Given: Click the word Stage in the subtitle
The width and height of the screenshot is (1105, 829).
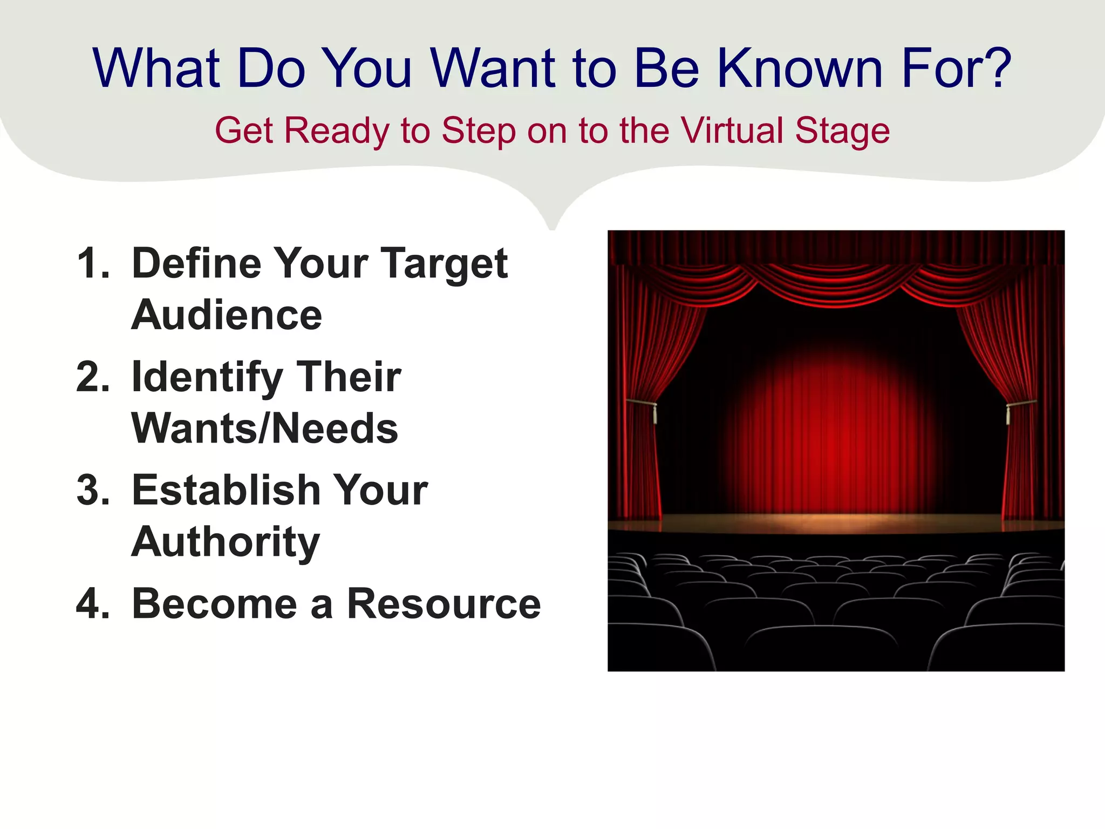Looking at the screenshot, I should [842, 132].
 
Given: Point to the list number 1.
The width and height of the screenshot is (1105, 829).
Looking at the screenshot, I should [92, 263].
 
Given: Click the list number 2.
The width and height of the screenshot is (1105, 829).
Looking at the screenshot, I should [93, 377].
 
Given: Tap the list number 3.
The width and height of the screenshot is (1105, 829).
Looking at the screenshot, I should [93, 490].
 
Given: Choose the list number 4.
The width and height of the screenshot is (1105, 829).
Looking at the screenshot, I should [93, 603].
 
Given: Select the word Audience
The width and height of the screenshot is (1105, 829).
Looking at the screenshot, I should [227, 315].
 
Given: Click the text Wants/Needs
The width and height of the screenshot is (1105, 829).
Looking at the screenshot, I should [264, 429].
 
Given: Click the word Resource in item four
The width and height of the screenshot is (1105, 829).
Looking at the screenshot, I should [444, 603].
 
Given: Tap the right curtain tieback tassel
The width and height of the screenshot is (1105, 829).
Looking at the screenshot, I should [1008, 414].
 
